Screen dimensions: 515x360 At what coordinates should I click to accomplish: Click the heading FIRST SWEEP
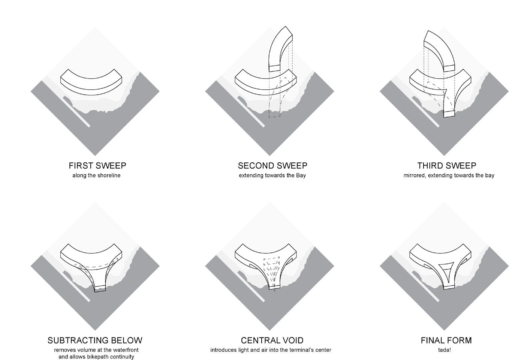tap(97, 165)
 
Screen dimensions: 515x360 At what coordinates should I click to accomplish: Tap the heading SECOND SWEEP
tap(272, 165)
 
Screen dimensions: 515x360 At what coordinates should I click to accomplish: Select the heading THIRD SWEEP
tap(446, 165)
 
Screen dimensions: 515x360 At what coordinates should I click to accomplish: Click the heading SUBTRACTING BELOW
tap(95, 340)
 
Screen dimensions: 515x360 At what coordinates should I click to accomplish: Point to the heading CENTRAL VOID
tap(272, 340)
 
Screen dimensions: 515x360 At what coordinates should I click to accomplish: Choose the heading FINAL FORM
tap(446, 340)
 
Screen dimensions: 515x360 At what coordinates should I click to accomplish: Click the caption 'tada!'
tap(444, 350)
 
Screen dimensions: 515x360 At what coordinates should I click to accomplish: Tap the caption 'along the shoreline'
tap(96, 175)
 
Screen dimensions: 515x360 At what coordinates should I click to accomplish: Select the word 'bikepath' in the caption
tap(98, 357)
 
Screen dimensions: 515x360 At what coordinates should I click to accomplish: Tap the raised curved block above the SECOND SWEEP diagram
tap(280, 49)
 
